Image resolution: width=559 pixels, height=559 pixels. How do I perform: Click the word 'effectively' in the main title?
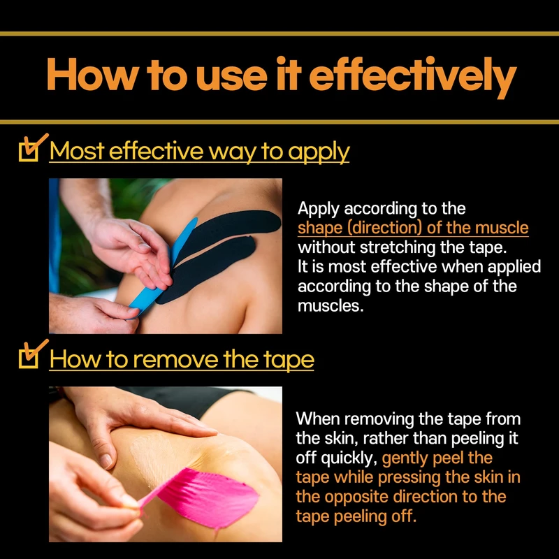(413, 78)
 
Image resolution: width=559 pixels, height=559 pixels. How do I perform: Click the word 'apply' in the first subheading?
(319, 152)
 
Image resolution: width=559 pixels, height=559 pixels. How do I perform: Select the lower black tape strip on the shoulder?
(208, 268)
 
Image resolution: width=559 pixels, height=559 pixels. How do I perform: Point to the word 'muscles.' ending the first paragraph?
(331, 306)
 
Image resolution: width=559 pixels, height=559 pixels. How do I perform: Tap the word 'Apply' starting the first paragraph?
(319, 209)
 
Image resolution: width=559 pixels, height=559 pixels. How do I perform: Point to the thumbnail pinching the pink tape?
(130, 501)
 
